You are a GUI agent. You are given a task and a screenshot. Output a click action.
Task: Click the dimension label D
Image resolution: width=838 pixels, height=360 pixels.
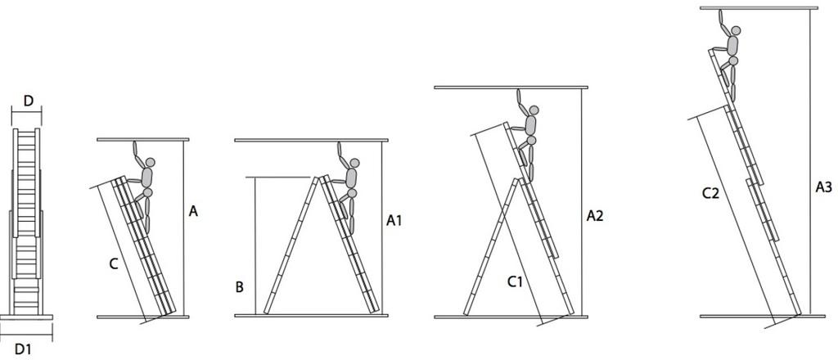[29, 101]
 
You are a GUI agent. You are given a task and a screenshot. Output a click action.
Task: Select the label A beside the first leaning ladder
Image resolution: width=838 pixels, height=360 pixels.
[193, 212]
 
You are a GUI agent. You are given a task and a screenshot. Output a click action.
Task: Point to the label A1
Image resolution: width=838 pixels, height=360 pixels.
[394, 221]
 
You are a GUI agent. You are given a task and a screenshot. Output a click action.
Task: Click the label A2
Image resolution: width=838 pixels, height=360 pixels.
[595, 216]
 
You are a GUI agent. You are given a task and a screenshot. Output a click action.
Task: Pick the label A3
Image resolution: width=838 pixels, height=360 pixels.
[823, 187]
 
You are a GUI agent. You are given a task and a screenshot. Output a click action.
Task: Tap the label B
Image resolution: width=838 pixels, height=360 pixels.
[240, 287]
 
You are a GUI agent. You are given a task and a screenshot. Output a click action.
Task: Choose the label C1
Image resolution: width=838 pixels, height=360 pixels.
[515, 282]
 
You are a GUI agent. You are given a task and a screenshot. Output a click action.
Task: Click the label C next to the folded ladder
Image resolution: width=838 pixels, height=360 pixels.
[113, 263]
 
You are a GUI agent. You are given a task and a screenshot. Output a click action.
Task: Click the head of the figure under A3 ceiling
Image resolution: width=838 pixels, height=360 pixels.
[736, 30]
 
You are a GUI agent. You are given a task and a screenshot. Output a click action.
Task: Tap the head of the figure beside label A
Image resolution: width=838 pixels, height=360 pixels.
[151, 162]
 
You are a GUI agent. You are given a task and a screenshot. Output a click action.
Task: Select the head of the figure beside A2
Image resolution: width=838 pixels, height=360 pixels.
[534, 110]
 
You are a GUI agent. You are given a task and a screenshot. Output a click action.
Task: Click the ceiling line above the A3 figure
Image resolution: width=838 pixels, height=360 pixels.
[759, 8]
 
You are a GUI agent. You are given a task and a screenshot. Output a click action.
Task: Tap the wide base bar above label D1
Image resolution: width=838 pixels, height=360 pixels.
[26, 317]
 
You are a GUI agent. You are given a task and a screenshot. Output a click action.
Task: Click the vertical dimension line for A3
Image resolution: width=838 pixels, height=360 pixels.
[810, 162]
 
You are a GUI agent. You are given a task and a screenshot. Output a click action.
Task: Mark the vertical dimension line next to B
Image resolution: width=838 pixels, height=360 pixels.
[255, 245]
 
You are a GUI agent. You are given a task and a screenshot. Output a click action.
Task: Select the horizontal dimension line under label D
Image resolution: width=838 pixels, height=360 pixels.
[26, 112]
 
